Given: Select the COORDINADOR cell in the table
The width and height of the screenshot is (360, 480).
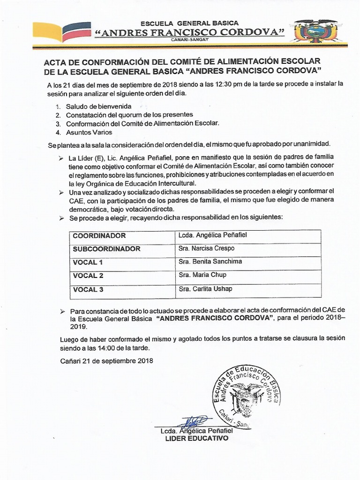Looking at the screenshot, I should click(99, 236).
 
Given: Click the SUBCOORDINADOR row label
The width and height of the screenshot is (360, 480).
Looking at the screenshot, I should click(106, 249).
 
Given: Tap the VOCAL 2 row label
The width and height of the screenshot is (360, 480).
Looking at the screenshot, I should click(88, 276).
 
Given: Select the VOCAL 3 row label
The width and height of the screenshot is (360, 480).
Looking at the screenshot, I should click(88, 289).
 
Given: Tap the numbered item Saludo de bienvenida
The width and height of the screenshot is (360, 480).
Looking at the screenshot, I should click(98, 106).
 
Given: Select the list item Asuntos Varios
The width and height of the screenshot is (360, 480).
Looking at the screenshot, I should click(89, 132).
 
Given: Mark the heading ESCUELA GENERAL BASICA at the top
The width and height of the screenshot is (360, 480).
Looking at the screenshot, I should click(190, 23).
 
